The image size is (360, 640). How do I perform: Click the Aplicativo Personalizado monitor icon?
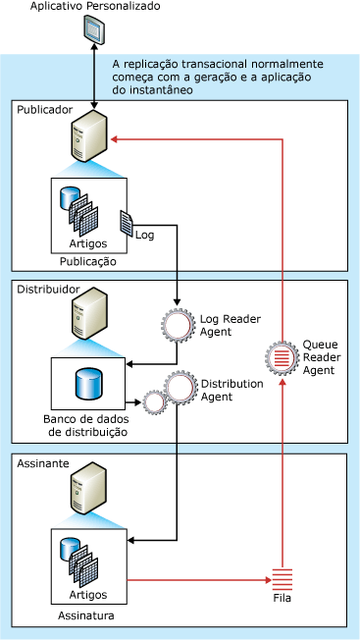pos(94,28)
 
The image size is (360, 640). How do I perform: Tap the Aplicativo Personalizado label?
pos(95,6)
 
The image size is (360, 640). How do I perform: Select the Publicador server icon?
pos(89,137)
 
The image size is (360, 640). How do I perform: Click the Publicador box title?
pos(45,109)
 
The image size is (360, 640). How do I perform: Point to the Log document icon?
pos(127,223)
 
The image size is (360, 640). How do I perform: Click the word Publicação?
pos(87,261)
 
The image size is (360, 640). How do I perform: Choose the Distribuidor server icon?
pos(89,314)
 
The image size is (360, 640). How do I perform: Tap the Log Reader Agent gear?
pos(177,325)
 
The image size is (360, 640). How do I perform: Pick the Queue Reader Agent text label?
pos(322,357)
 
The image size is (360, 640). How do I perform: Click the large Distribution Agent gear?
pos(180,388)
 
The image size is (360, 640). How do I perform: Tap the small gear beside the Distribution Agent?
pos(154,402)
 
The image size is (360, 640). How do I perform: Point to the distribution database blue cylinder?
pos(89,383)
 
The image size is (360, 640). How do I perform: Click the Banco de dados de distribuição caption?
pos(86,426)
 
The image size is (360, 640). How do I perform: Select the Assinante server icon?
pos(89,488)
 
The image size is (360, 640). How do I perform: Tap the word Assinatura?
pos(86,615)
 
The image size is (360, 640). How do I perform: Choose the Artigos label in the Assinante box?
pos(88,595)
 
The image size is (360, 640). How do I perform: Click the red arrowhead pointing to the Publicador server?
pos(115,138)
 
